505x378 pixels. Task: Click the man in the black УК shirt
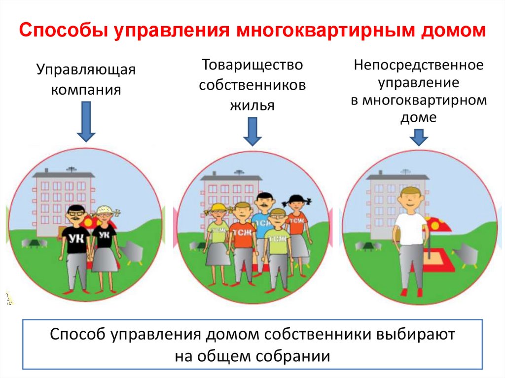pyautogui.click(x=76, y=246)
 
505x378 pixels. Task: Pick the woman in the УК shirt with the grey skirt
pyautogui.click(x=105, y=246)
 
